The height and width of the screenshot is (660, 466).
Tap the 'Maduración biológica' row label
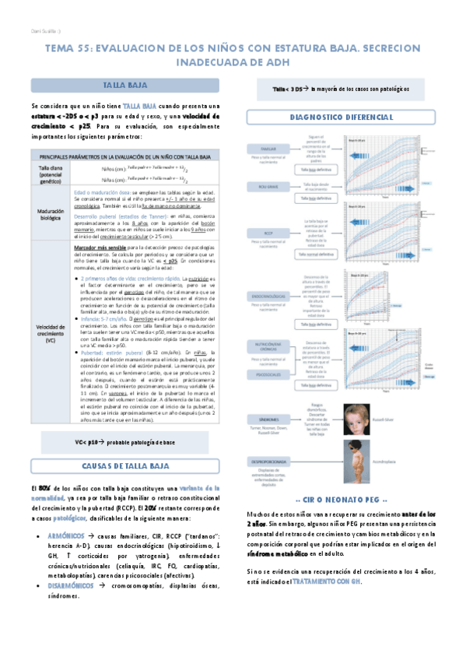click(x=50, y=214)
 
